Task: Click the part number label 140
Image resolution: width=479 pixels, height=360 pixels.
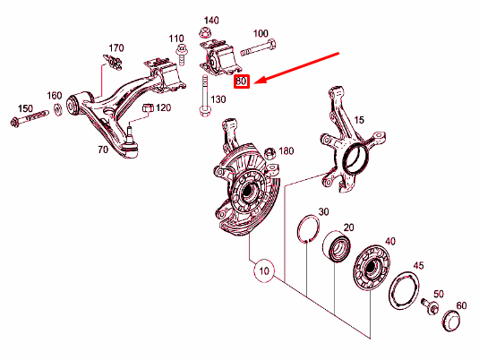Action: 211,20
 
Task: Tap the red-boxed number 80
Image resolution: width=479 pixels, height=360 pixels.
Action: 241,81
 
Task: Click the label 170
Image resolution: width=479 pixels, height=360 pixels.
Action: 116,47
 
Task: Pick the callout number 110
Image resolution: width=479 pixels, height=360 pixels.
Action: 176,39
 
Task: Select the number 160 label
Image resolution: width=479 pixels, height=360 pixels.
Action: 54,96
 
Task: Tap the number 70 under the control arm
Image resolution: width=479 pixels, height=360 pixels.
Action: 102,150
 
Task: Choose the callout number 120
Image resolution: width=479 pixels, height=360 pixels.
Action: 162,108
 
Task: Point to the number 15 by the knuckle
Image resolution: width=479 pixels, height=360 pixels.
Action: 358,120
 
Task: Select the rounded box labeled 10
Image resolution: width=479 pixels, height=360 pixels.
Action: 261,270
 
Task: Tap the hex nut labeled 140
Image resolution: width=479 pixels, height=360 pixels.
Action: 202,33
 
